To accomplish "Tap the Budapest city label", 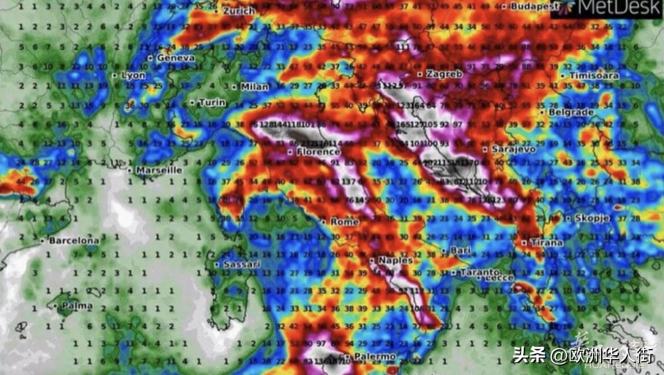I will click(x=534, y=6).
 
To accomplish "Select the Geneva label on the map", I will click(x=175, y=58).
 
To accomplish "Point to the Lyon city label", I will click(x=133, y=75).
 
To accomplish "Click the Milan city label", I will click(x=254, y=86).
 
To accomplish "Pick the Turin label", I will click(x=212, y=102).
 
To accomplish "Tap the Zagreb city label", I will click(x=444, y=74).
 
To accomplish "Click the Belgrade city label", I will click(x=570, y=112).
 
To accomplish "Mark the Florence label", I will click(x=317, y=152).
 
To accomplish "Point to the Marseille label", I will click(x=158, y=170).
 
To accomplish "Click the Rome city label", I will click(x=344, y=221).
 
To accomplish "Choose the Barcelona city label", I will click(x=73, y=240).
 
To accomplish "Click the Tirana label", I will click(x=546, y=243).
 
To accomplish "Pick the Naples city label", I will click(x=395, y=261).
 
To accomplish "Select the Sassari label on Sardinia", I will click(x=240, y=264).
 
